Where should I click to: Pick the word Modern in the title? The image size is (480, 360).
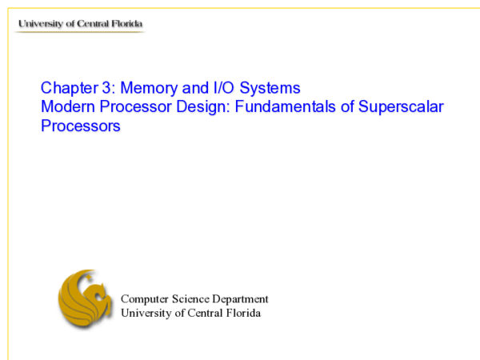(66, 106)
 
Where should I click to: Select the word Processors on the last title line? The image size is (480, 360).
(80, 126)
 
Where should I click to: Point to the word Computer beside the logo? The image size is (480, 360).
(146, 299)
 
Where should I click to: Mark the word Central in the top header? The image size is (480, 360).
(94, 24)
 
